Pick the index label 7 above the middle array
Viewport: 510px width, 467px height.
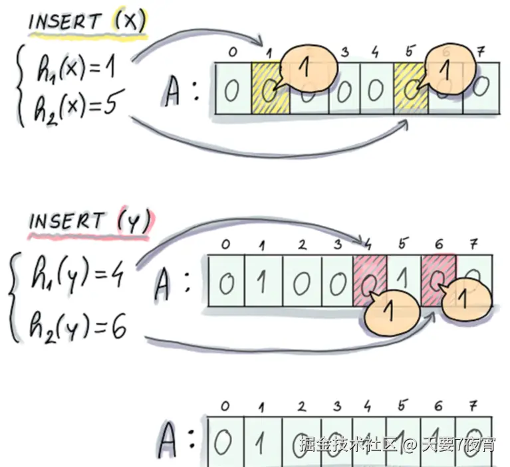(x=473, y=244)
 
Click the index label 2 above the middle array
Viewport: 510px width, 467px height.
(x=303, y=244)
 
